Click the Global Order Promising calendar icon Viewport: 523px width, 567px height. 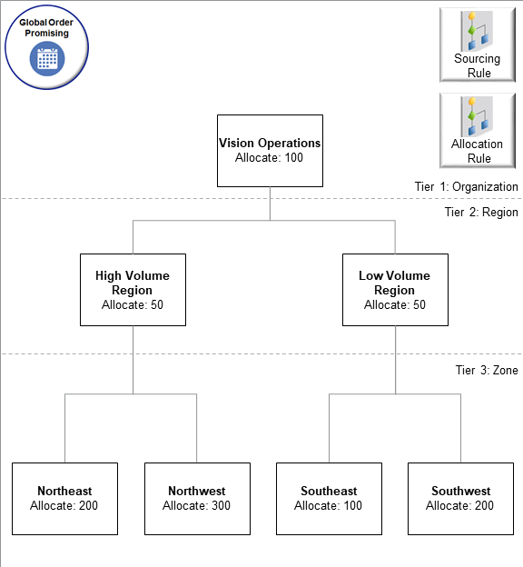coord(46,58)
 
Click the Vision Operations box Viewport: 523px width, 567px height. coord(270,151)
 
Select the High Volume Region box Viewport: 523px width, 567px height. coord(133,290)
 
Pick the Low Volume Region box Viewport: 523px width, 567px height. coord(395,290)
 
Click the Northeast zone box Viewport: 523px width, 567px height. coord(64,499)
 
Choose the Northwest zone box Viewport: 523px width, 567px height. coord(197,499)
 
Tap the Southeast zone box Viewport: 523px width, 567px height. coord(329,499)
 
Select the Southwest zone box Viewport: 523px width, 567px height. coord(461,499)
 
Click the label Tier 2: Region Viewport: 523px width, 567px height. coord(481,213)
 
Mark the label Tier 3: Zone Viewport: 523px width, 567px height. coord(487,370)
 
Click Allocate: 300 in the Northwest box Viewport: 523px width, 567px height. coord(197,506)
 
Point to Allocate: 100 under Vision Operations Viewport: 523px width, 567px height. coord(269,158)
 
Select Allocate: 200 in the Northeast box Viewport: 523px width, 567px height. coord(64,506)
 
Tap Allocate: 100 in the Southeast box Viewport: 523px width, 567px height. coord(329,506)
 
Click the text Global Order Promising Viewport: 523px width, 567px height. coord(46,26)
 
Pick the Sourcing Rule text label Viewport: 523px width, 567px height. coord(478,66)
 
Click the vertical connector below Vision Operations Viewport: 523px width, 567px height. coord(270,204)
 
